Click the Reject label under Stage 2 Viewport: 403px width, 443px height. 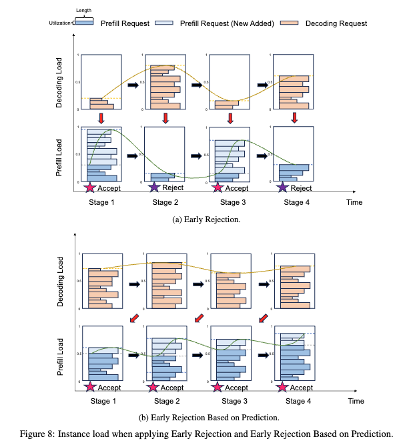click(x=172, y=187)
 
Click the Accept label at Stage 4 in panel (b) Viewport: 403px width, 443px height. click(x=302, y=387)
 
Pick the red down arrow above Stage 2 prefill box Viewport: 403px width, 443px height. click(x=165, y=118)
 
